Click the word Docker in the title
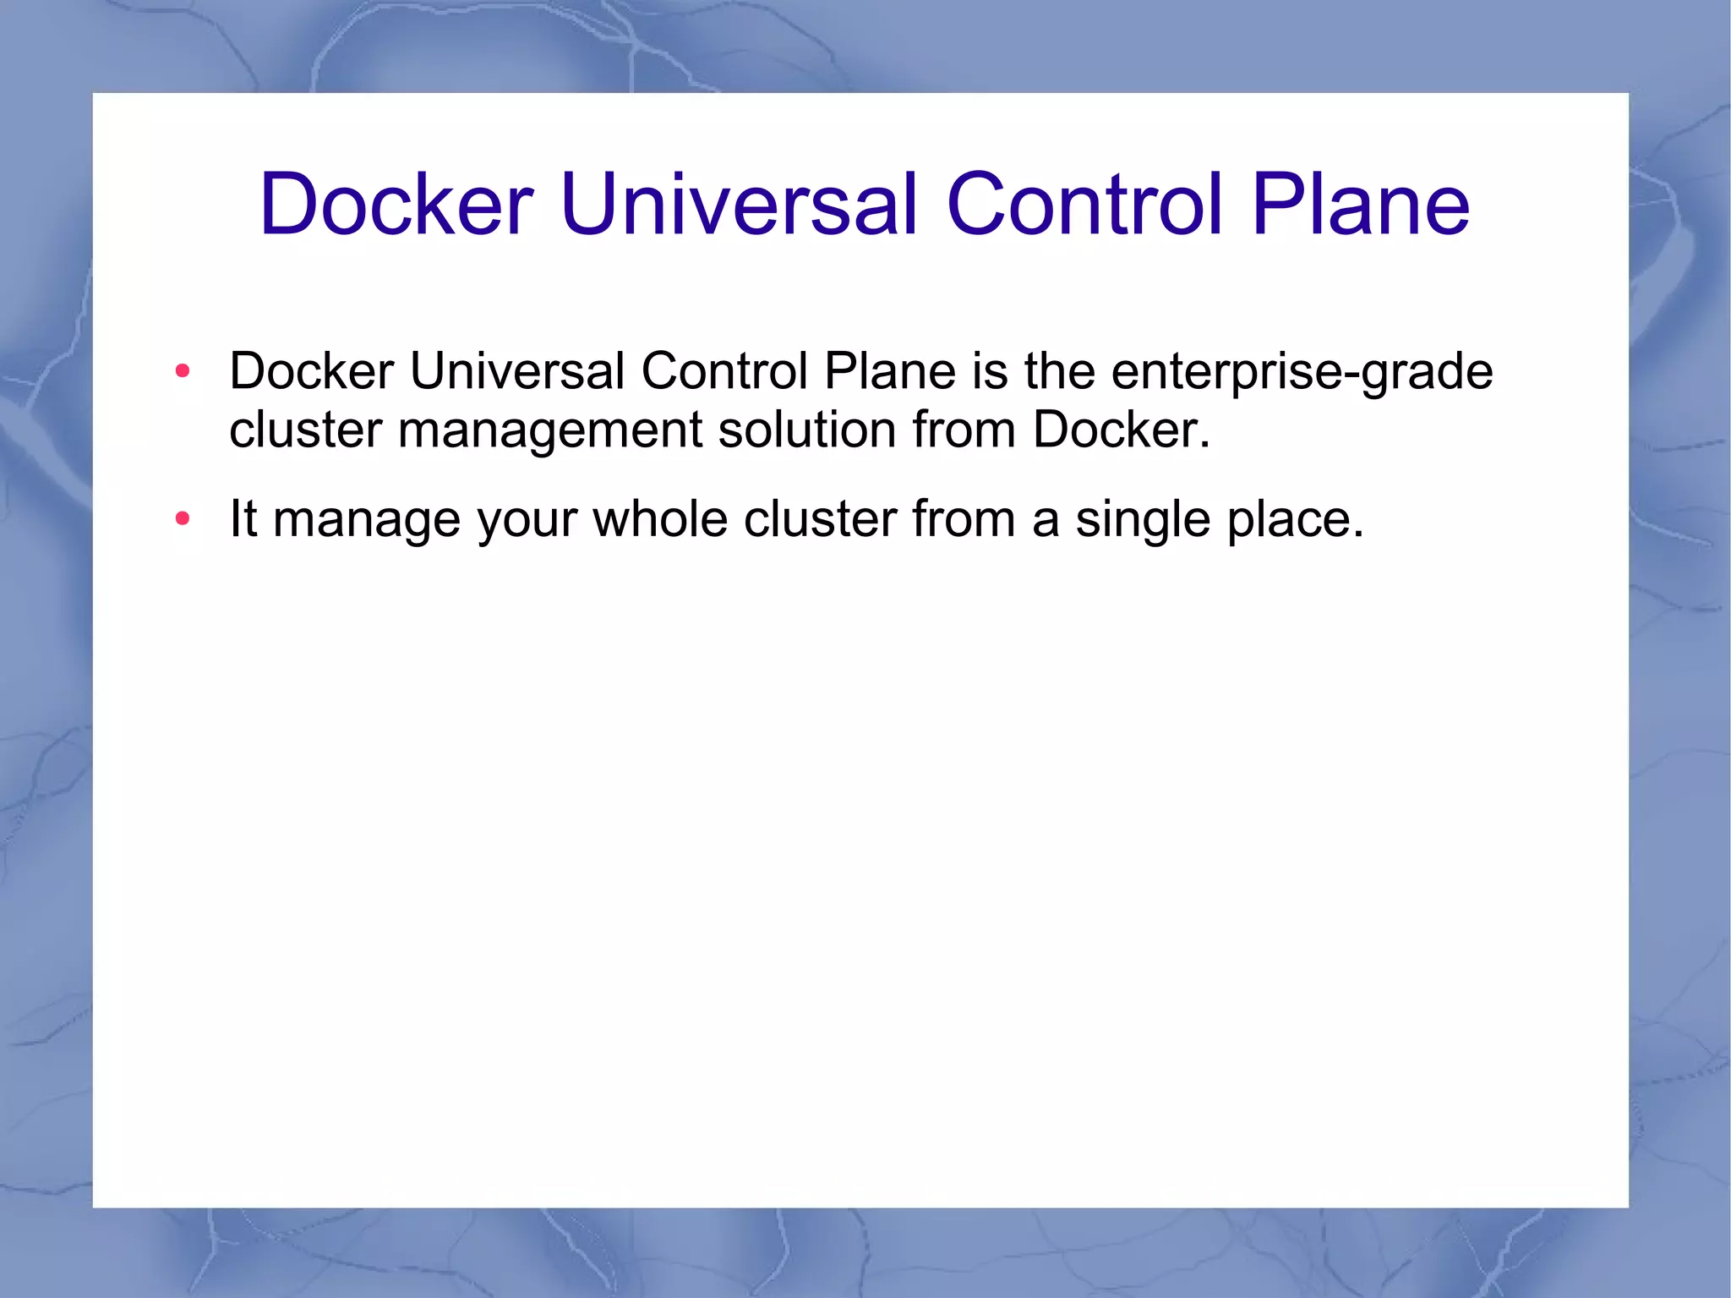pos(396,205)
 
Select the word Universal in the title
pos(738,205)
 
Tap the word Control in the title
pos(1084,205)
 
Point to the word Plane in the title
pos(1360,205)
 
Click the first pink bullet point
pos(183,371)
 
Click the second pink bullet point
pos(183,518)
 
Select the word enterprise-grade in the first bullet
pos(1302,372)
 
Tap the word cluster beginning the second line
pos(305,430)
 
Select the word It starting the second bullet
pos(243,518)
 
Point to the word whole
pos(660,518)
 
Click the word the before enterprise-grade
pos(1060,372)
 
